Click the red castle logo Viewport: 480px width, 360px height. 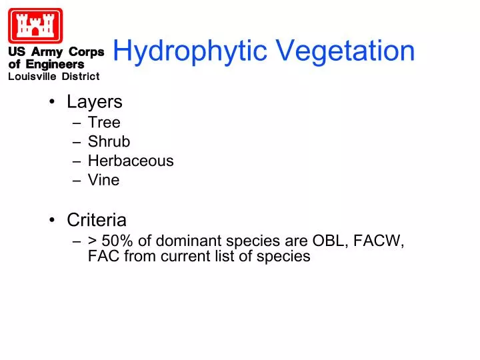pyautogui.click(x=35, y=25)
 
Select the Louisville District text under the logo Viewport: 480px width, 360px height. pyautogui.click(x=53, y=76)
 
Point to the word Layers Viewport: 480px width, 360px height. pyautogui.click(x=94, y=102)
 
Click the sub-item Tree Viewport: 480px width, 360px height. pyautogui.click(x=104, y=123)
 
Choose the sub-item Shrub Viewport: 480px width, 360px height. pyautogui.click(x=109, y=142)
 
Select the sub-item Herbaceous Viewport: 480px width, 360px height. pyautogui.click(x=131, y=161)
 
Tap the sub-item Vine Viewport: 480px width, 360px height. pyautogui.click(x=103, y=180)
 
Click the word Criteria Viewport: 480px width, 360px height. pyautogui.click(x=97, y=219)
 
